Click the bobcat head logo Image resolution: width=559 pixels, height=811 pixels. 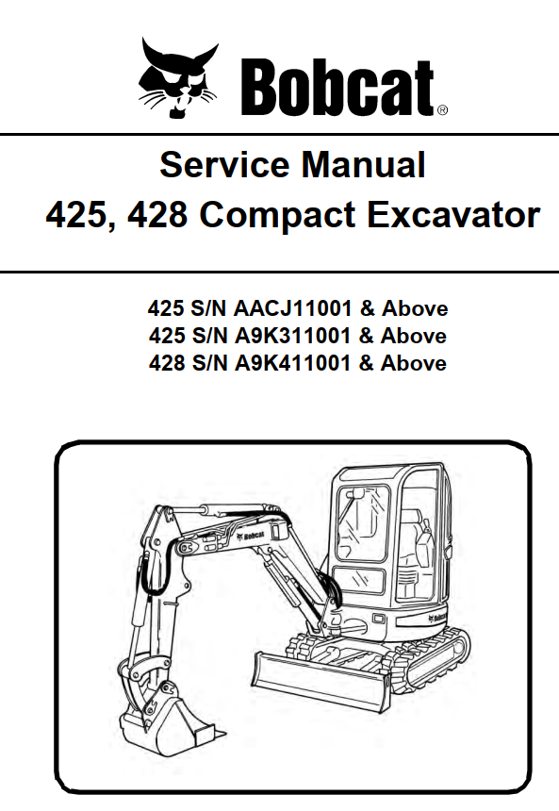[177, 77]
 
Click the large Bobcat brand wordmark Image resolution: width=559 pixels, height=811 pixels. [337, 87]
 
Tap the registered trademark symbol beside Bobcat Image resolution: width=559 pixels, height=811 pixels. [443, 109]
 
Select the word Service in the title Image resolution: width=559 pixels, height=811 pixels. [224, 164]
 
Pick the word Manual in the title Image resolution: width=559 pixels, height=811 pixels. [364, 164]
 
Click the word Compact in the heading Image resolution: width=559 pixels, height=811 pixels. [277, 215]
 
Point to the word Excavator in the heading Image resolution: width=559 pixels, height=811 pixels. [454, 214]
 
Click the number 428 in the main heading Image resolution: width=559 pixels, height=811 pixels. [157, 215]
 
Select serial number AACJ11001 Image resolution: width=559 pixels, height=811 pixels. [292, 308]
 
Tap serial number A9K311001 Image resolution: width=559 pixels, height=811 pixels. [292, 337]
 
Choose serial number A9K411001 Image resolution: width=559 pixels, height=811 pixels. [292, 363]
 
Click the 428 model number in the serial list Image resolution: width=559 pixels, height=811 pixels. [167, 363]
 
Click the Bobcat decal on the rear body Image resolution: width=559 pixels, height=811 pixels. [437, 617]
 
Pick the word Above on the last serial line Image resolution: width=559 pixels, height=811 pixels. [414, 363]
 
